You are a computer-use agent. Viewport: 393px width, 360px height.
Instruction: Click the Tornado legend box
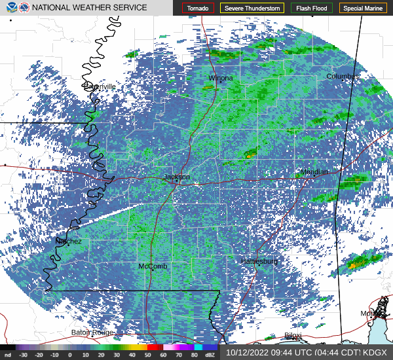(x=198, y=8)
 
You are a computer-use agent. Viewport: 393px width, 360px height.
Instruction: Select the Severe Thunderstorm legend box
(x=252, y=8)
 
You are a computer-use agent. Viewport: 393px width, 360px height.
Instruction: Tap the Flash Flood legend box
(x=311, y=8)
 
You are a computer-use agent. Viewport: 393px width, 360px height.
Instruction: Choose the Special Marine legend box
(x=362, y=8)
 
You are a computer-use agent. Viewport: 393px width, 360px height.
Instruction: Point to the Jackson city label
(x=176, y=177)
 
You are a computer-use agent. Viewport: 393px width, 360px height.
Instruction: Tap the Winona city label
(x=221, y=78)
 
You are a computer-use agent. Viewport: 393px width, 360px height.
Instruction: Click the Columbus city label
(x=343, y=77)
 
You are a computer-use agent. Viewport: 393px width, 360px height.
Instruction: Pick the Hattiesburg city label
(x=259, y=261)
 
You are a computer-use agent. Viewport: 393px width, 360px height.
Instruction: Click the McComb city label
(x=153, y=266)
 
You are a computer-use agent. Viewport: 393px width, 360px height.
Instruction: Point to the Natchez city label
(x=69, y=241)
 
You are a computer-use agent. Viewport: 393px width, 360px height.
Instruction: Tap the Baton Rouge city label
(x=92, y=333)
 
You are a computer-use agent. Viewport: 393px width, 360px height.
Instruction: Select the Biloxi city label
(x=293, y=336)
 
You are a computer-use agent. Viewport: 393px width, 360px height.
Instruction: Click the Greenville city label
(x=100, y=86)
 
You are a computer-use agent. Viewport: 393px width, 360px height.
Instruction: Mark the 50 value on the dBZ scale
(x=148, y=355)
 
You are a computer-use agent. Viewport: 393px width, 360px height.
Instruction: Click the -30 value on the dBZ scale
(x=24, y=355)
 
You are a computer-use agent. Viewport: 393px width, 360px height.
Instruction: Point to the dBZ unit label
(x=210, y=355)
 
